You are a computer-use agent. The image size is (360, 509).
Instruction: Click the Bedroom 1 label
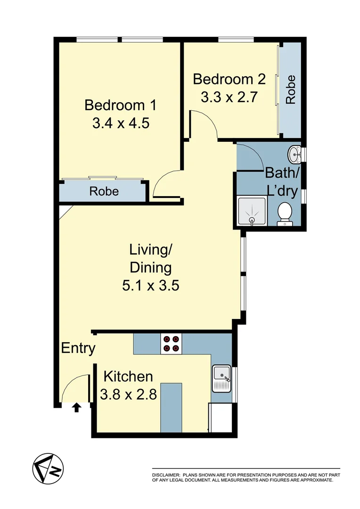[120, 105]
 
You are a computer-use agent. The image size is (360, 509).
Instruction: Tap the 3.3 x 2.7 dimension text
[229, 98]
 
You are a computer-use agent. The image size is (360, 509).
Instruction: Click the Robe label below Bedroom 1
[104, 192]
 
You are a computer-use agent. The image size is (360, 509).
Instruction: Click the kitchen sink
[221, 378]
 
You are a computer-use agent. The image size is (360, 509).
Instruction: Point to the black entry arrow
[76, 407]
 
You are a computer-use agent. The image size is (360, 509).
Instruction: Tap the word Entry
[78, 349]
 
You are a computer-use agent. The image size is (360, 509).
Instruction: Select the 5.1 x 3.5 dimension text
[150, 286]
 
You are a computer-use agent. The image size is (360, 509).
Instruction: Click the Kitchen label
[128, 377]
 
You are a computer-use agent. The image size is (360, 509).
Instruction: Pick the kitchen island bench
[172, 407]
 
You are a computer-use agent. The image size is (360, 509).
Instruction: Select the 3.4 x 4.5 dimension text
[121, 123]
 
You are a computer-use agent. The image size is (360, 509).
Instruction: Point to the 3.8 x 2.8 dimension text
[128, 394]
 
